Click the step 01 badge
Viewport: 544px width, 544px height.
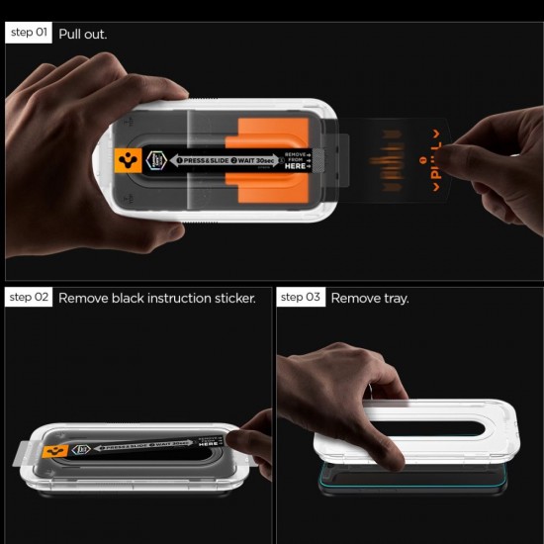[x=29, y=33]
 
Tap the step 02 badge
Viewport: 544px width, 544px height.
[x=29, y=297]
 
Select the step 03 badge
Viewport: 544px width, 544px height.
[x=301, y=297]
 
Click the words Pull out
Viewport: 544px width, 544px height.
[x=83, y=34]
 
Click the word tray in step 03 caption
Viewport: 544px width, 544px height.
[x=396, y=298]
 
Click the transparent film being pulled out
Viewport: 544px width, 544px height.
[x=396, y=158]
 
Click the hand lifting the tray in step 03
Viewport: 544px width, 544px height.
[x=346, y=396]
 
